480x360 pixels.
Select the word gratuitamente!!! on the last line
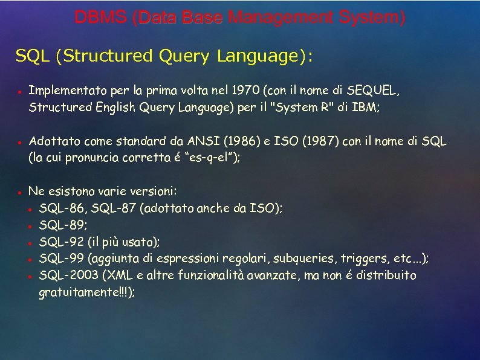tap(85, 292)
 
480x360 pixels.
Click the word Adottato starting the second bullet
tap(51, 141)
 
